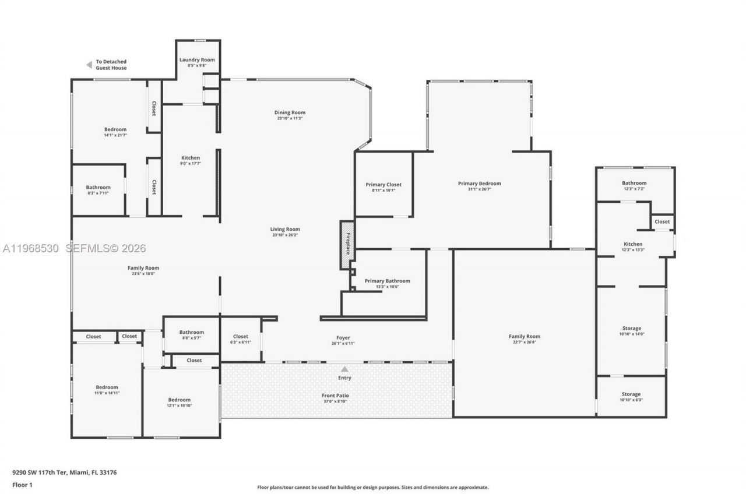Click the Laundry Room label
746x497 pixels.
point(197,60)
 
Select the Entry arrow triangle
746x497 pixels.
point(344,369)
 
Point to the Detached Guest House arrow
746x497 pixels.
point(89,65)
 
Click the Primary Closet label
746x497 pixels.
point(383,185)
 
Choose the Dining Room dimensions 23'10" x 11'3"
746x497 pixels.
point(290,118)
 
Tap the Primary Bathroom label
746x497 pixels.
point(387,281)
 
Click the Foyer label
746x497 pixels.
point(343,338)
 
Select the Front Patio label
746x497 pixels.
point(336,396)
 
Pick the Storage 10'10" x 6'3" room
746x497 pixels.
point(631,397)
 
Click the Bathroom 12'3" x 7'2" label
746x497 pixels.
point(634,183)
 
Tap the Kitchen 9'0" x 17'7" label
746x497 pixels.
point(191,158)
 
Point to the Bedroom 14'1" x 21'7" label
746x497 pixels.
point(115,129)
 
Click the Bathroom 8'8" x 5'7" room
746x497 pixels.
point(191,334)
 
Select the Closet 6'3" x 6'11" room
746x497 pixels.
point(240,339)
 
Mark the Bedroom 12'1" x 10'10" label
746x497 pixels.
point(180,400)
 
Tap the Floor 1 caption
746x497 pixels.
point(23,484)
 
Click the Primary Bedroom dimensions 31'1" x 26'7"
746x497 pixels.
point(479,189)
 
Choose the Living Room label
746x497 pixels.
point(285,229)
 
